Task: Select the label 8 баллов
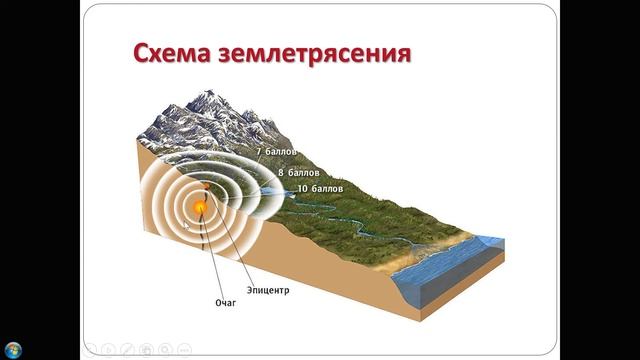pyautogui.click(x=298, y=171)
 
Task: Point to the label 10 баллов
pyautogui.click(x=320, y=188)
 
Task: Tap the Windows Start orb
pyautogui.click(x=12, y=349)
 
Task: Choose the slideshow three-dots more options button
pyautogui.click(x=184, y=349)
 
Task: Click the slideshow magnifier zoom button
pyautogui.click(x=165, y=349)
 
